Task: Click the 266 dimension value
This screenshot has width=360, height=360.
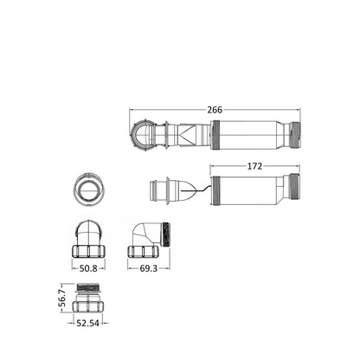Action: (x=215, y=110)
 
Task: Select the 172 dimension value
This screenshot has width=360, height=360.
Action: (x=254, y=166)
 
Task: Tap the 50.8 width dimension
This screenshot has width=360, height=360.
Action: (x=88, y=268)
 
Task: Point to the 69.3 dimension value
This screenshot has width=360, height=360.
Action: (x=149, y=268)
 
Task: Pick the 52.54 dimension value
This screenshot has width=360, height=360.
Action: (x=87, y=324)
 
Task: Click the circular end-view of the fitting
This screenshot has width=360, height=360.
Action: (x=89, y=190)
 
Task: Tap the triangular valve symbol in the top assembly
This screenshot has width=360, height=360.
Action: (x=186, y=135)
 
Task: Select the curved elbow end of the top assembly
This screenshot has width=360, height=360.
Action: (x=142, y=135)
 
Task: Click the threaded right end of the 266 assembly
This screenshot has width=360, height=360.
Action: (x=295, y=135)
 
